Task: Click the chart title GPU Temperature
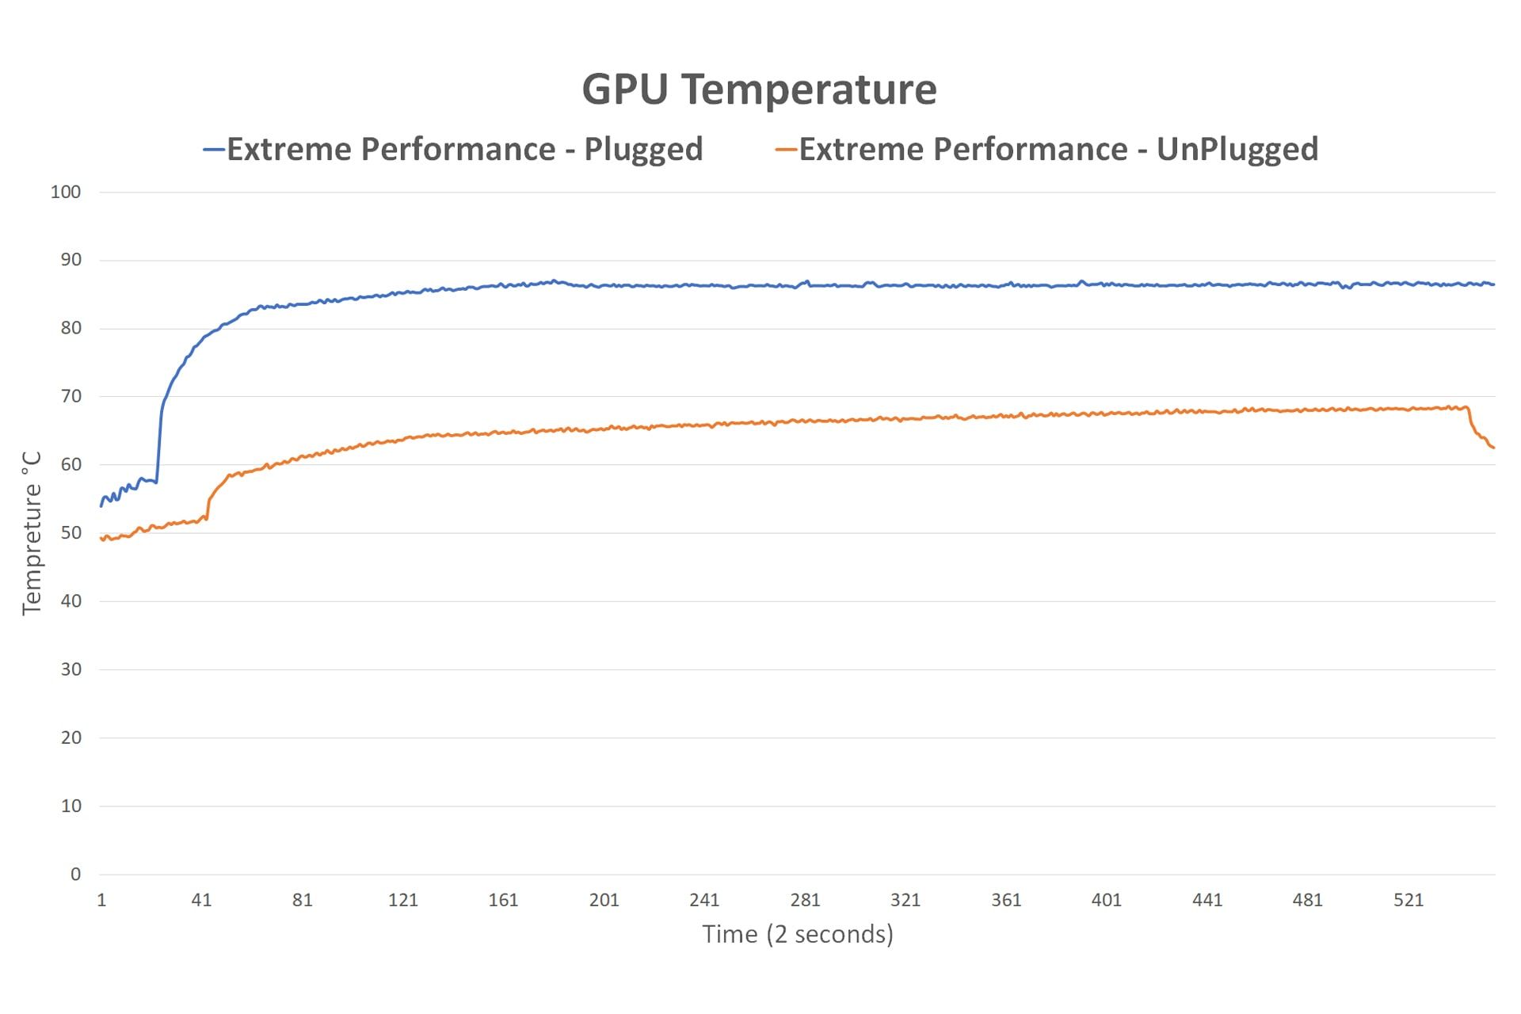[759, 89]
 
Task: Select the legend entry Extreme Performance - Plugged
[464, 149]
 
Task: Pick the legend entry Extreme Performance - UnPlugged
[1058, 149]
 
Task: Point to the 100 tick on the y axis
[66, 192]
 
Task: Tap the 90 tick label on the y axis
[71, 260]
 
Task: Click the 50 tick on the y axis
[71, 532]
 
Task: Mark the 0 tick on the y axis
[75, 874]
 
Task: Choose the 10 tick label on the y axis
[71, 806]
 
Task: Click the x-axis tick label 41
[201, 900]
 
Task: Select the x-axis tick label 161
[503, 900]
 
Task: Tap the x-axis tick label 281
[805, 900]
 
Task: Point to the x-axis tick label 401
[1107, 900]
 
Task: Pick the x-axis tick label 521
[1409, 900]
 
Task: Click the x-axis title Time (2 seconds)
[798, 934]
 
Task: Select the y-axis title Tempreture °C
[32, 533]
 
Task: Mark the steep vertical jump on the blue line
[159, 444]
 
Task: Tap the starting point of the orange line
[101, 539]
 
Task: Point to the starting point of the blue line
[101, 505]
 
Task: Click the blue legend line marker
[214, 149]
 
